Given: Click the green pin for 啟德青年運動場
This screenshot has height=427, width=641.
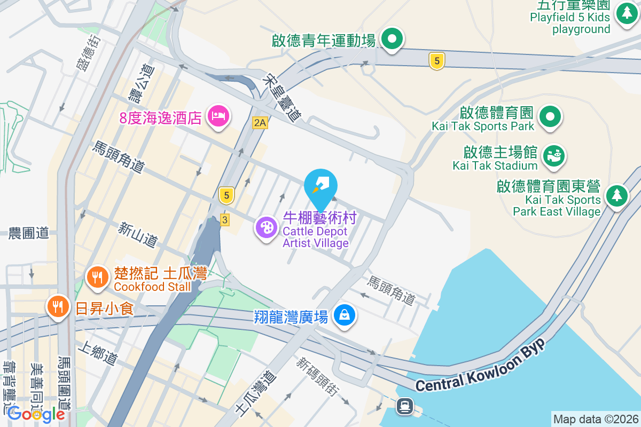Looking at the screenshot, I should pyautogui.click(x=393, y=39).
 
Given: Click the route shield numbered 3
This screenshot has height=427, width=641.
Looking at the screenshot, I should pyautogui.click(x=225, y=219).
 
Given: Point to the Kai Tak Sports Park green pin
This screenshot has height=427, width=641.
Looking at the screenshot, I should pyautogui.click(x=549, y=116).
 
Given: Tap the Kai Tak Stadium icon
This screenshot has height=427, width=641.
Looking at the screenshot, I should pyautogui.click(x=553, y=156).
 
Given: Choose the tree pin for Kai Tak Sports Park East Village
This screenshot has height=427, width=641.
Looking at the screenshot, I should pyautogui.click(x=616, y=195).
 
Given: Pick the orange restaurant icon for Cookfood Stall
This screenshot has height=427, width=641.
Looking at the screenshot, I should pyautogui.click(x=97, y=278).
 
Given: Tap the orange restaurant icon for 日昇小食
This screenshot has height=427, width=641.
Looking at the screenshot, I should pyautogui.click(x=57, y=306).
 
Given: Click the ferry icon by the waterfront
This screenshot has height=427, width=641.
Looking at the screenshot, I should pyautogui.click(x=403, y=407).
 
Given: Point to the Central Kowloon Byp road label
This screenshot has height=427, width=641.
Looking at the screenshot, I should pyautogui.click(x=480, y=366).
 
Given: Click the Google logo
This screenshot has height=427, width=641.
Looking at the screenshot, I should pyautogui.click(x=36, y=414).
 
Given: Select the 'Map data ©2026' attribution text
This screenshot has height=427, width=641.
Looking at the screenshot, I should pyautogui.click(x=596, y=419).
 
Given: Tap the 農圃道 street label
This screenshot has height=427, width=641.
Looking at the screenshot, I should pyautogui.click(x=29, y=233).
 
